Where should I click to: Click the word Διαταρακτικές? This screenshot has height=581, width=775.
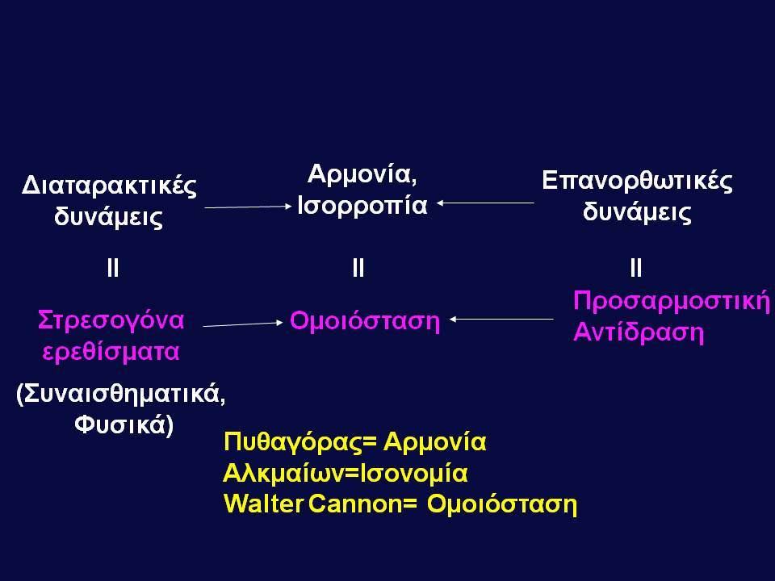[109, 186]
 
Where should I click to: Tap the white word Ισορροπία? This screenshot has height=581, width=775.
[362, 206]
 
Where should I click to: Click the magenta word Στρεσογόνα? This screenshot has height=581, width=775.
[111, 320]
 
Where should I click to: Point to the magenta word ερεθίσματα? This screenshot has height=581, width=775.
[111, 352]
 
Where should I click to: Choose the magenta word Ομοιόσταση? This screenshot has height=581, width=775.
[365, 321]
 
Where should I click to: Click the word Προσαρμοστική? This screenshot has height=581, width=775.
[672, 301]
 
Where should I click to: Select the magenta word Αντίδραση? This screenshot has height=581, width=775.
[639, 332]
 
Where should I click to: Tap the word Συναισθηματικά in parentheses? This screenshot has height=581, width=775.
[121, 395]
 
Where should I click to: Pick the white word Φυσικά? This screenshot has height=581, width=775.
[124, 425]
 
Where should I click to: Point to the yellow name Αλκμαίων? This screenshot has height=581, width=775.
[283, 473]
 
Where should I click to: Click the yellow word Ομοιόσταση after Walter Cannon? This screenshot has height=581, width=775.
[501, 504]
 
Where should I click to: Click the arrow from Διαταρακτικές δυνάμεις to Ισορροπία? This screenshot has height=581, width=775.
[248, 207]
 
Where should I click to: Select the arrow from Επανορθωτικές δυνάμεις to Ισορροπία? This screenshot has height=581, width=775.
[485, 203]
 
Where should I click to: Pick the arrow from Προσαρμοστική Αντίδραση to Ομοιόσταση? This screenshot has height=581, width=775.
[501, 320]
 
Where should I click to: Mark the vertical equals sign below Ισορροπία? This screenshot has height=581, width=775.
[358, 268]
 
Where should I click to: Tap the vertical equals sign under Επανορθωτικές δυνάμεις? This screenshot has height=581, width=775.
[636, 268]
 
